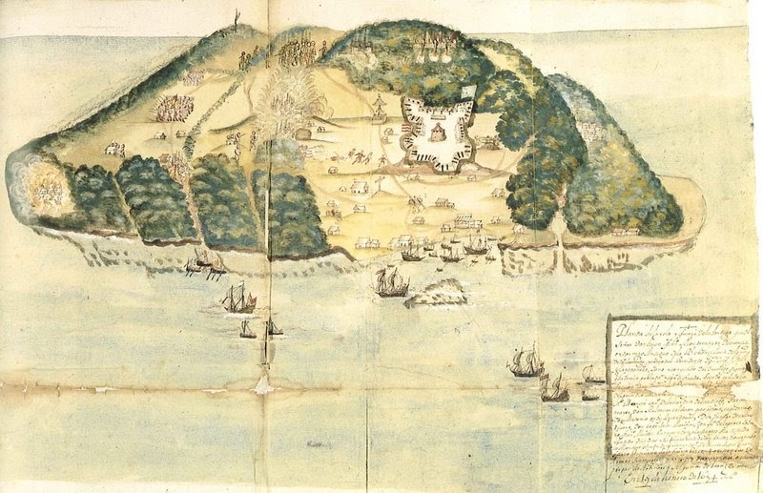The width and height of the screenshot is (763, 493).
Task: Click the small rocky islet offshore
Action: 437,295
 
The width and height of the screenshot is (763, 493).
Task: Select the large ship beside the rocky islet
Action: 390,281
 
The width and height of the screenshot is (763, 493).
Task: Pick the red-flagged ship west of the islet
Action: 238,299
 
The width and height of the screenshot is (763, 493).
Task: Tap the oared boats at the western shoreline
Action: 205,262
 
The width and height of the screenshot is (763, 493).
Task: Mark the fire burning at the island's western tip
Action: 43,188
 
